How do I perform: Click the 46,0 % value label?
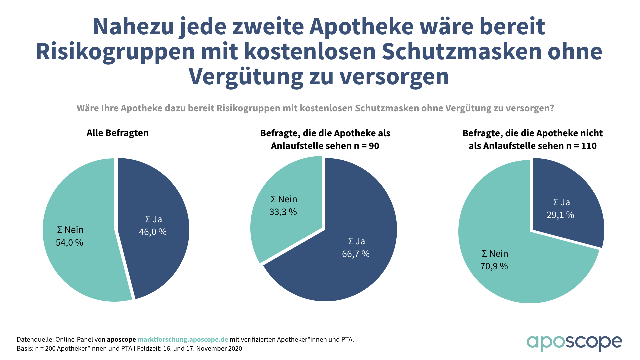153,232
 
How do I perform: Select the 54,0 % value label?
69,243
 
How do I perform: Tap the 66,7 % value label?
356,254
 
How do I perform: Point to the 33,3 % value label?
283,212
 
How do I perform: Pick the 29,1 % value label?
560,215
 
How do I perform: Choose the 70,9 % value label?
494,266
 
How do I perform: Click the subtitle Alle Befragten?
118,133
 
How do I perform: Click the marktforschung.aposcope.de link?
183,340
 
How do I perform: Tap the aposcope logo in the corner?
574,343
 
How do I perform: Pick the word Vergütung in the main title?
246,77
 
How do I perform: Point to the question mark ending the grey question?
552,108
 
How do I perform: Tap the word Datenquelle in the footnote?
34,340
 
